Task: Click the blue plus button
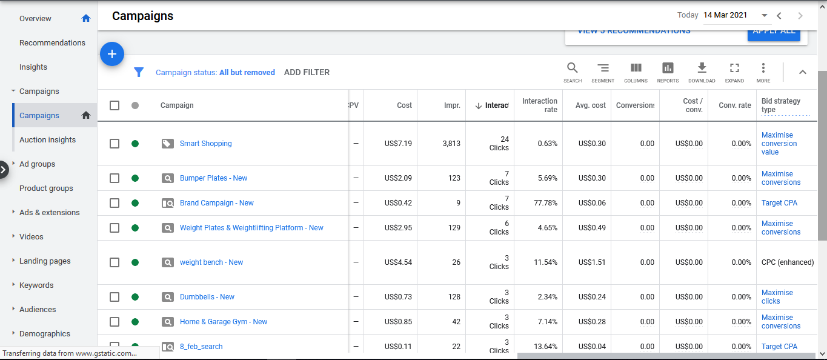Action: (x=112, y=54)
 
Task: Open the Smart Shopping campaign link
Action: (x=205, y=144)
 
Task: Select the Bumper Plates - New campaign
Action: (x=213, y=178)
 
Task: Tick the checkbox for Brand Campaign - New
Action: (x=115, y=203)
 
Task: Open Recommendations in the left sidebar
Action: (x=52, y=43)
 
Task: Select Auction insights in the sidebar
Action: (x=47, y=140)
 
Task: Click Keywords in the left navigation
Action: (x=36, y=285)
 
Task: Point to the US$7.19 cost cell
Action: (x=398, y=144)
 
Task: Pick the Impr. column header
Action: (x=452, y=105)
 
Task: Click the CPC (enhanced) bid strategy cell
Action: (x=788, y=262)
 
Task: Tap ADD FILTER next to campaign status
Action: (x=307, y=72)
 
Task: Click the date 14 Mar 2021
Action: (x=725, y=15)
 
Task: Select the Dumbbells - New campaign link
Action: (x=207, y=297)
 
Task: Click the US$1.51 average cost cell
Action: (x=592, y=262)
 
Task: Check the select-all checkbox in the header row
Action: (x=115, y=105)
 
